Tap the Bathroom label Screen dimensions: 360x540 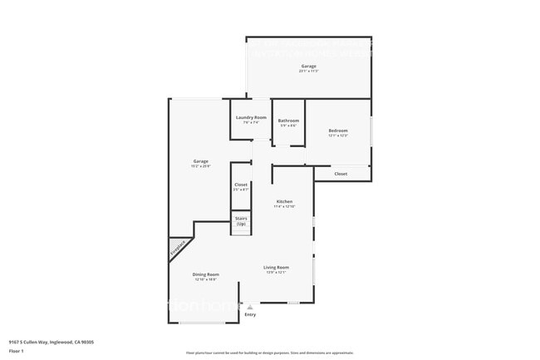pos(288,121)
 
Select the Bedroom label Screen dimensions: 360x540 pos(337,131)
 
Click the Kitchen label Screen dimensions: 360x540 pos(284,202)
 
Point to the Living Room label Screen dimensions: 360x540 pos(276,267)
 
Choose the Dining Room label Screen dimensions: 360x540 pos(206,274)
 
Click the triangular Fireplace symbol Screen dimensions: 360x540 pos(179,248)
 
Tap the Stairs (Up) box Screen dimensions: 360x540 pos(241,222)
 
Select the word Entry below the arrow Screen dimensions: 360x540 pos(250,314)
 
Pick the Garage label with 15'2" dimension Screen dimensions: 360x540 pos(200,161)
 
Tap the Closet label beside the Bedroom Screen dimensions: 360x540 pos(341,174)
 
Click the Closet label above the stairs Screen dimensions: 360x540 pos(241,185)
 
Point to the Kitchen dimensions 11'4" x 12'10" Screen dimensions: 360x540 pos(285,207)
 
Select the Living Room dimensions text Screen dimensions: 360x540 pos(276,272)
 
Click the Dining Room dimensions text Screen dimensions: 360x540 pos(206,279)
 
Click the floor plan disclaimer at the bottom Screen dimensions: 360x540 pos(270,353)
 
